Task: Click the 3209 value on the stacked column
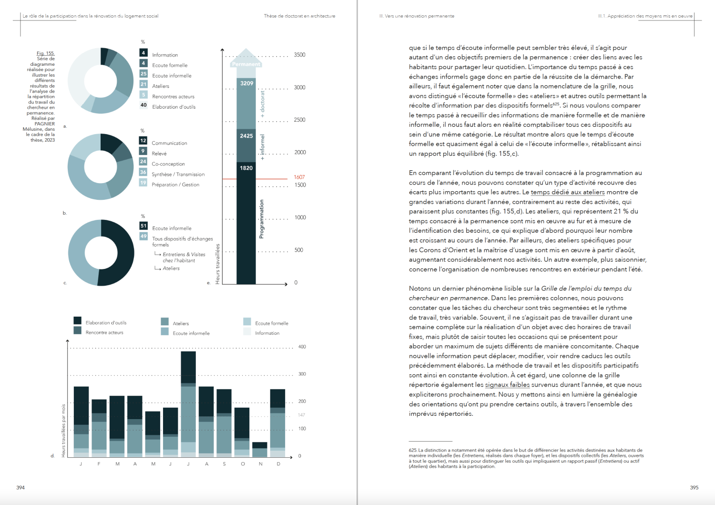[246, 83]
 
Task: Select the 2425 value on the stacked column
[246, 136]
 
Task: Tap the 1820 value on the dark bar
[246, 168]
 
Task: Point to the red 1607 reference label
[299, 177]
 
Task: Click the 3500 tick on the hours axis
[299, 55]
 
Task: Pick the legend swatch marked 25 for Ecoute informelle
[143, 74]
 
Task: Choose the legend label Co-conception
[168, 164]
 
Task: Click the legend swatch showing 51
[143, 226]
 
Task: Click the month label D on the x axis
[278, 464]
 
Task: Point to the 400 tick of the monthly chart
[302, 347]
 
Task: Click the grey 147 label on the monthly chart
[301, 415]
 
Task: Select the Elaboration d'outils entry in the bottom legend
[106, 323]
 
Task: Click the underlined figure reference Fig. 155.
[45, 53]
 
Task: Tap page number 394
[20, 487]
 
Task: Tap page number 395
[694, 487]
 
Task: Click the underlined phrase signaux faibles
[507, 385]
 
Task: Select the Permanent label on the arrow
[246, 64]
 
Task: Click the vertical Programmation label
[261, 219]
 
